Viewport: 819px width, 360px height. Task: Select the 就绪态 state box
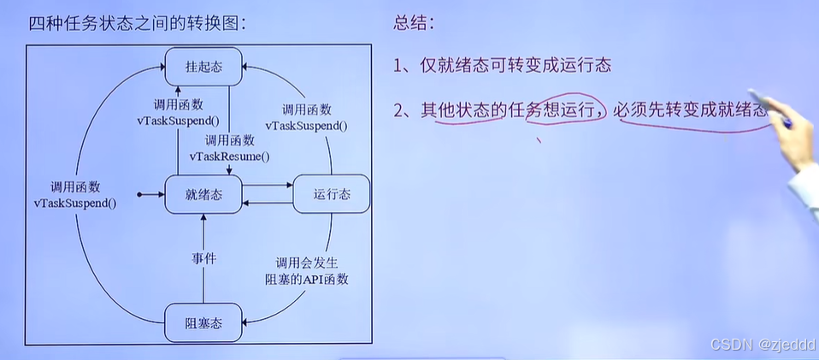point(203,194)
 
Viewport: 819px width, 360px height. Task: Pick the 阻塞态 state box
point(203,322)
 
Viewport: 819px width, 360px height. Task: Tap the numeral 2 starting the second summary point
point(399,109)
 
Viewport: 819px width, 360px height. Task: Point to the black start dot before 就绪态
point(140,195)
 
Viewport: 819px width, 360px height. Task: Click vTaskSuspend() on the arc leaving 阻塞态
point(75,203)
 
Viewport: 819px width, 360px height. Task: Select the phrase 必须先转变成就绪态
point(692,109)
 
